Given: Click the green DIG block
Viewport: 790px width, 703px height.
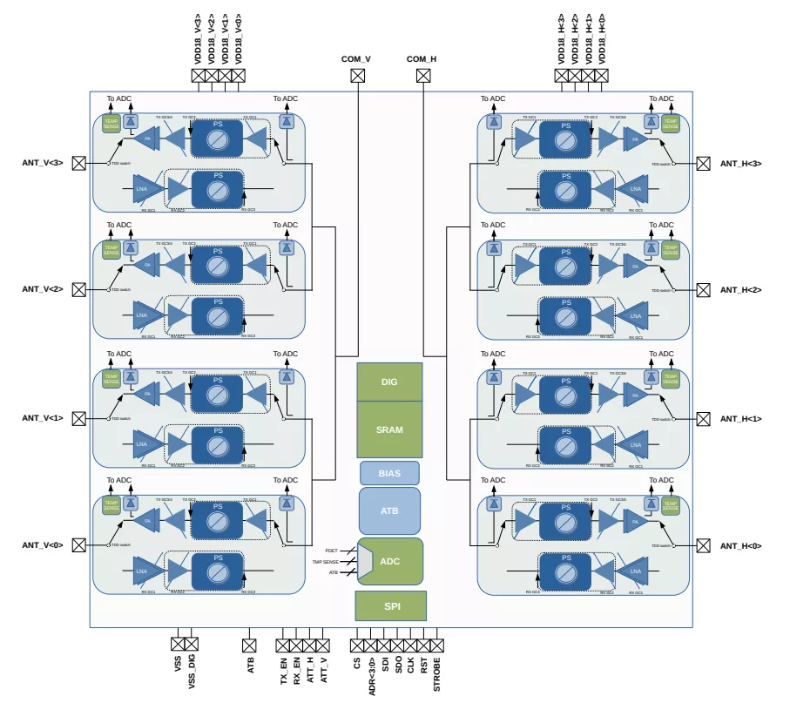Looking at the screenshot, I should (x=389, y=382).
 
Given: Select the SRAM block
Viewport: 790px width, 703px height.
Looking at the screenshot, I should (x=389, y=429).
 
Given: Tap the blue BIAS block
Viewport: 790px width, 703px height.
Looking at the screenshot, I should (x=389, y=473).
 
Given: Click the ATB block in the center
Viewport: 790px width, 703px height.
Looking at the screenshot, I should (x=389, y=510).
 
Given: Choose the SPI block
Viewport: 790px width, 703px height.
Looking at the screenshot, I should (x=390, y=605).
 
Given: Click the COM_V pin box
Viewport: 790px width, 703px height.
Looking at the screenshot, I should (x=357, y=76).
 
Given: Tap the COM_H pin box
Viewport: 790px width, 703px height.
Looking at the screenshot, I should (x=422, y=76).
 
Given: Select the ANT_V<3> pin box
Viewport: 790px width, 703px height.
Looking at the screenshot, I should (x=79, y=163).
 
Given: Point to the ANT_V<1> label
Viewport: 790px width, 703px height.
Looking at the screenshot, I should (x=43, y=418).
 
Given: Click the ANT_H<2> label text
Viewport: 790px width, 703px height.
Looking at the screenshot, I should (x=740, y=290).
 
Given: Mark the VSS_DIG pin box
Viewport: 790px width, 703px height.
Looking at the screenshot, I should (x=192, y=645).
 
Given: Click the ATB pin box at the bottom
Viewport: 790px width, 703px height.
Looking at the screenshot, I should (x=249, y=646).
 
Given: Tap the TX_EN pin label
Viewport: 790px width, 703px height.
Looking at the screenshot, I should (x=283, y=671).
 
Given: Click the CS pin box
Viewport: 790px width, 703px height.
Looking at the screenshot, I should (x=357, y=646).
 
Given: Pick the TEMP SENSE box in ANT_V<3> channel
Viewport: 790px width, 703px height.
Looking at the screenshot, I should (x=111, y=124).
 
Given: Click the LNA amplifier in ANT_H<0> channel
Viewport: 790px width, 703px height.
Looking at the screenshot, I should (x=635, y=571).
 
